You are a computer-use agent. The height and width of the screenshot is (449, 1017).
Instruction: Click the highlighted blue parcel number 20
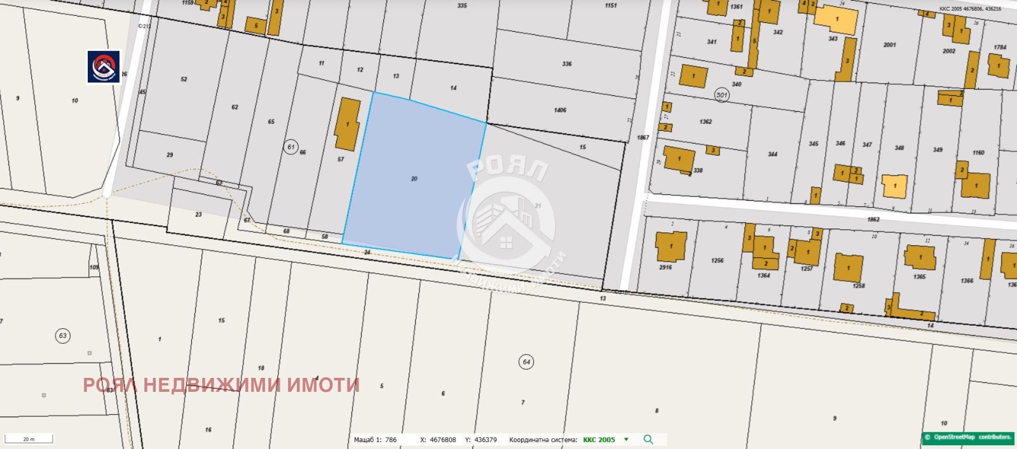[414, 178]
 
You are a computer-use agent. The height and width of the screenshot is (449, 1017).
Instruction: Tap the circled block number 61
[290, 147]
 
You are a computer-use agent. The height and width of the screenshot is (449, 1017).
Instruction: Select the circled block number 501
[721, 95]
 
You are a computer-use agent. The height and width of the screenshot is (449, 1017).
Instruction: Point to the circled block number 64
[526, 362]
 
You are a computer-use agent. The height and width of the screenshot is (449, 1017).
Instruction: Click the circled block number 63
[62, 336]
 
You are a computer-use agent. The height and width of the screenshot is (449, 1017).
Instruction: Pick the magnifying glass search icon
[648, 439]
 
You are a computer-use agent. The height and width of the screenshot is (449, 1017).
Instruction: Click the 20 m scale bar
[29, 439]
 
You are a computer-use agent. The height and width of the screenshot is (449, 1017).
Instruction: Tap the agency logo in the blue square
[104, 67]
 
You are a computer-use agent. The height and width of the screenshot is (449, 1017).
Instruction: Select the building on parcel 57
[347, 124]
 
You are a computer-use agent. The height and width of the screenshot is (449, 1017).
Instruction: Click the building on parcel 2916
[671, 247]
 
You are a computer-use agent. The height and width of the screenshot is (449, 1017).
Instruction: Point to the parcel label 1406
[559, 111]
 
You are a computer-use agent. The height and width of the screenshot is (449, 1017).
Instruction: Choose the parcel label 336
[567, 64]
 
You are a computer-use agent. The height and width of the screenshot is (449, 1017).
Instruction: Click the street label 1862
[873, 219]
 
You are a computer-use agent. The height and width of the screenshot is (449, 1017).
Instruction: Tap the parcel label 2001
[889, 45]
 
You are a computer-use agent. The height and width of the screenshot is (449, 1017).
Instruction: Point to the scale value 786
[390, 439]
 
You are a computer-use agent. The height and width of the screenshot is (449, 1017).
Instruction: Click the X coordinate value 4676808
[442, 439]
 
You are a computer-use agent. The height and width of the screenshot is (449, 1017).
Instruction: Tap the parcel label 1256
[717, 260]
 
